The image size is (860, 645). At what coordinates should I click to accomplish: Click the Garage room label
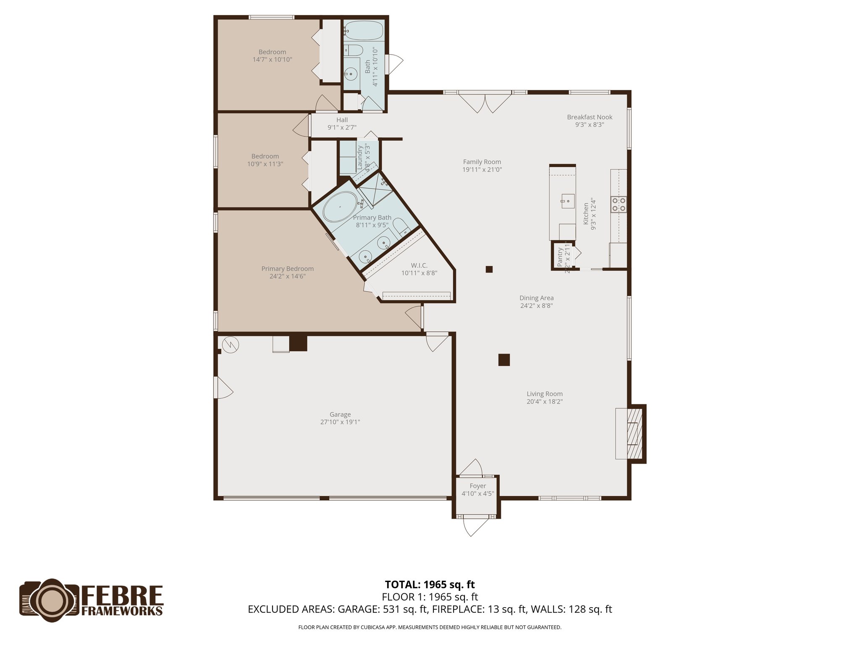pyautogui.click(x=340, y=414)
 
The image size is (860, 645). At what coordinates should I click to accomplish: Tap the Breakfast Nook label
pyautogui.click(x=590, y=117)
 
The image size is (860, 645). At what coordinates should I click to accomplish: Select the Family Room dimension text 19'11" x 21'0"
pyautogui.click(x=482, y=170)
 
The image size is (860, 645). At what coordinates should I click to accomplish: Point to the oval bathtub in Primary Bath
pyautogui.click(x=340, y=207)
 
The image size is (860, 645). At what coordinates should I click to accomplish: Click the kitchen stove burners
pyautogui.click(x=619, y=204)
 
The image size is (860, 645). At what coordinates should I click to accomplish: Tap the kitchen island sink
pyautogui.click(x=567, y=201)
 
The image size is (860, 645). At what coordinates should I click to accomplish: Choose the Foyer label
pyautogui.click(x=478, y=486)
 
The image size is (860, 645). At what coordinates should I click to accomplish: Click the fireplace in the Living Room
pyautogui.click(x=635, y=433)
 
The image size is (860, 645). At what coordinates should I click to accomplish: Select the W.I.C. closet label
pyautogui.click(x=419, y=265)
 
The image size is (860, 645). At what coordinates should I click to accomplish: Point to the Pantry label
pyautogui.click(x=560, y=257)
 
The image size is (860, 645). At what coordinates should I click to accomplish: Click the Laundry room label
pyautogui.click(x=360, y=157)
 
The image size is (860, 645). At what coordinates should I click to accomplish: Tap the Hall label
pyautogui.click(x=342, y=120)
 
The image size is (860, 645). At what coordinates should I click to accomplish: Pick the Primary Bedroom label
pyautogui.click(x=287, y=269)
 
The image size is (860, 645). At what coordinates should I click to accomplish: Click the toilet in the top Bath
pyautogui.click(x=354, y=50)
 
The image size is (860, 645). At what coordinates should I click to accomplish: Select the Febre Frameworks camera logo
pyautogui.click(x=50, y=600)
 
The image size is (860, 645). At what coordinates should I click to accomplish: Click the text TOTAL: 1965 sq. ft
pyautogui.click(x=430, y=585)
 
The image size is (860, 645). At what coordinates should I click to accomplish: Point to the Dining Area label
pyautogui.click(x=536, y=298)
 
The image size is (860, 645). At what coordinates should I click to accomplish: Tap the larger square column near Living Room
pyautogui.click(x=504, y=360)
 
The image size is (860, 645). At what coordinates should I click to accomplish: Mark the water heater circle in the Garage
pyautogui.click(x=231, y=345)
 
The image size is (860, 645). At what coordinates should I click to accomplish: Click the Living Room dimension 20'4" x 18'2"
pyautogui.click(x=545, y=401)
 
